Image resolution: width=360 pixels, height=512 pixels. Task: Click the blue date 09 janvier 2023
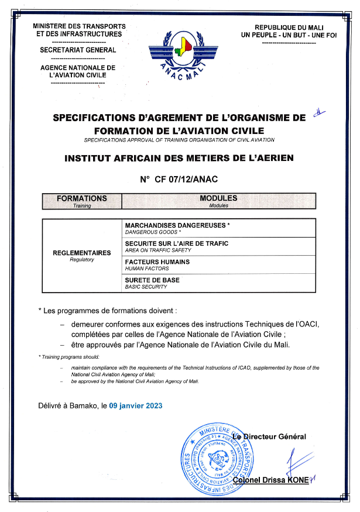[x=136, y=406]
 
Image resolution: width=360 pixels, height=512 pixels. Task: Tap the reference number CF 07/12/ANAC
[x=179, y=180]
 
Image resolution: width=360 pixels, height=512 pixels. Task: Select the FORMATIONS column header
[x=82, y=199]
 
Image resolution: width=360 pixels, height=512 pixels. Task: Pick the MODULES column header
[x=218, y=199]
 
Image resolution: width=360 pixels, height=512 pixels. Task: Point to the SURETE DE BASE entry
[x=152, y=280]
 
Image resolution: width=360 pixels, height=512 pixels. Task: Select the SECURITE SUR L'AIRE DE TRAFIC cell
[x=177, y=243]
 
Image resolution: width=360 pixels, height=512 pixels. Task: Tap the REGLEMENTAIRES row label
[x=82, y=253]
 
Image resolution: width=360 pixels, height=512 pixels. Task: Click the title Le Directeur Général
[x=269, y=437]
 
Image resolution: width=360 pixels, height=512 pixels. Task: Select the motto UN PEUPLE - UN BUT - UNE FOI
[x=289, y=35]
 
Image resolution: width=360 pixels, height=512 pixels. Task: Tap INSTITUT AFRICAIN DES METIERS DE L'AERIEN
[x=179, y=158]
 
